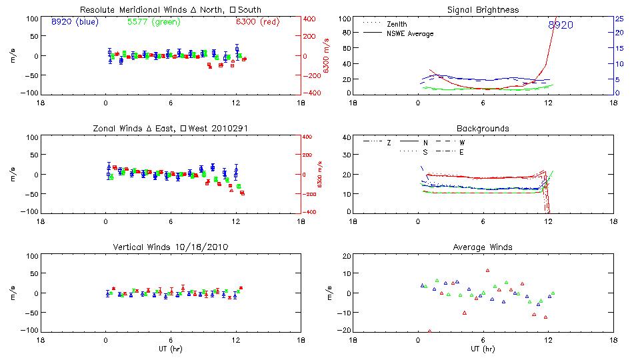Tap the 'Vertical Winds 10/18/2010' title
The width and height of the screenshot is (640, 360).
point(170,247)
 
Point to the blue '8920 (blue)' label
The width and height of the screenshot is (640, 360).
point(74,21)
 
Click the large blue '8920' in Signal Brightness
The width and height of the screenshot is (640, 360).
point(560,25)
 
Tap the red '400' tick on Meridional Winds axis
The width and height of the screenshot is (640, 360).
point(311,19)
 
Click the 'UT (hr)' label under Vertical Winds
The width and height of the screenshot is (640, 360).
point(170,349)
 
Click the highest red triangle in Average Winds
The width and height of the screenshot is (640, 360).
point(488,271)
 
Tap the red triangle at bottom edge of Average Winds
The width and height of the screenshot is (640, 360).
point(429,331)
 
